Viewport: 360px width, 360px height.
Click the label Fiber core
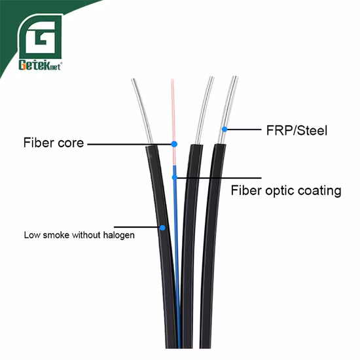point(53,142)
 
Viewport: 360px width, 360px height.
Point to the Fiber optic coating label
point(286,190)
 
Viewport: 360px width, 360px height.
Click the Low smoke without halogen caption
point(79,234)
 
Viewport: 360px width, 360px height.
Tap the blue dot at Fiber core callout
point(174,143)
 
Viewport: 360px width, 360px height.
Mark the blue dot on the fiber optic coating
point(173,176)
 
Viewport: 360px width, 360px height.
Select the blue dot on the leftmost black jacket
point(162,228)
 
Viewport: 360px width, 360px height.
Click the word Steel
point(311,130)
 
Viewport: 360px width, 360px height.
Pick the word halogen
point(119,234)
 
